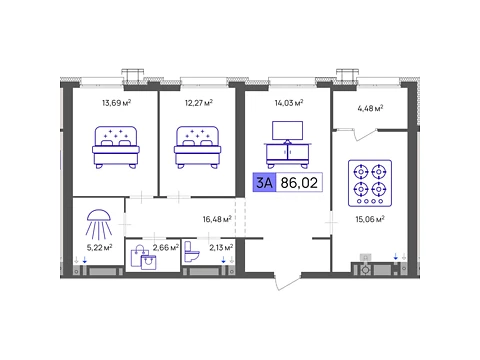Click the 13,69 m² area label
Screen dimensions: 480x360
116,103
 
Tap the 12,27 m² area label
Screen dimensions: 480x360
199,103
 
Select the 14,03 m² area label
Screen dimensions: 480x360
289,103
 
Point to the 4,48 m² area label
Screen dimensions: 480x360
370,108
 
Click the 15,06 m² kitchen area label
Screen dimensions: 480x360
370,219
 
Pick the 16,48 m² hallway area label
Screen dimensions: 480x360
217,219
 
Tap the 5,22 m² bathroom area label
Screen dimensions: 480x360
99,247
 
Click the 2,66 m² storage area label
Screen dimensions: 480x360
166,247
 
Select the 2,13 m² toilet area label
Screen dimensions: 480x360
221,247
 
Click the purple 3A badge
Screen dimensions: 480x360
264,182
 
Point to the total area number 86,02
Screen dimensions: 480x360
299,182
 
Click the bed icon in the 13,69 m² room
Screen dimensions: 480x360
116,147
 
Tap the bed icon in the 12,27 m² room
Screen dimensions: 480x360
198,147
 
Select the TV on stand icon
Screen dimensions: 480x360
287,144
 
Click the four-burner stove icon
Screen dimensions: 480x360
370,183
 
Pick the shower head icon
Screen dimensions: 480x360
99,224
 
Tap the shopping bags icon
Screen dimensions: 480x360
144,257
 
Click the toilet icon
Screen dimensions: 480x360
192,252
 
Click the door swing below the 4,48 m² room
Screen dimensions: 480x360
365,135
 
